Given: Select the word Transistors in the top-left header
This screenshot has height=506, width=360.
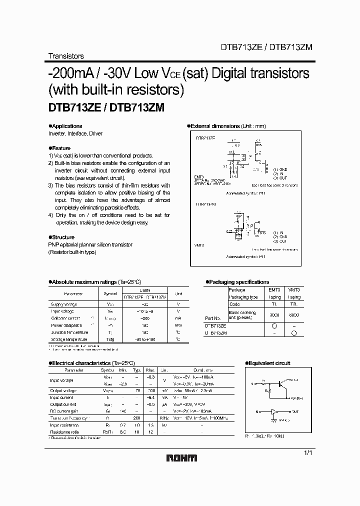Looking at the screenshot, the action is pos(65,56).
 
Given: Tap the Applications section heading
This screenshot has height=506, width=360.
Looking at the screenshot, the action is pos(66,126).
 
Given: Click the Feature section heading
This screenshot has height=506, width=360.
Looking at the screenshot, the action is pos(60,148).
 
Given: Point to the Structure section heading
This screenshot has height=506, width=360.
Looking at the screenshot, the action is pos(62,237).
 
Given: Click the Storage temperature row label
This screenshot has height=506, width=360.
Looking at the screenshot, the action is pos(70,338).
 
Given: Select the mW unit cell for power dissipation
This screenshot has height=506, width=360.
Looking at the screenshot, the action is pos(178,324).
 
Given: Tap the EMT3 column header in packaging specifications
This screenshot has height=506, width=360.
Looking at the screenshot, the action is pos(274,289).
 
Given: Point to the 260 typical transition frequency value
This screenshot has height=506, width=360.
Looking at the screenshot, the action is pos(136,417).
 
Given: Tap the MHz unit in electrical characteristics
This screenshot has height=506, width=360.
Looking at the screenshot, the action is pos(164,417).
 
